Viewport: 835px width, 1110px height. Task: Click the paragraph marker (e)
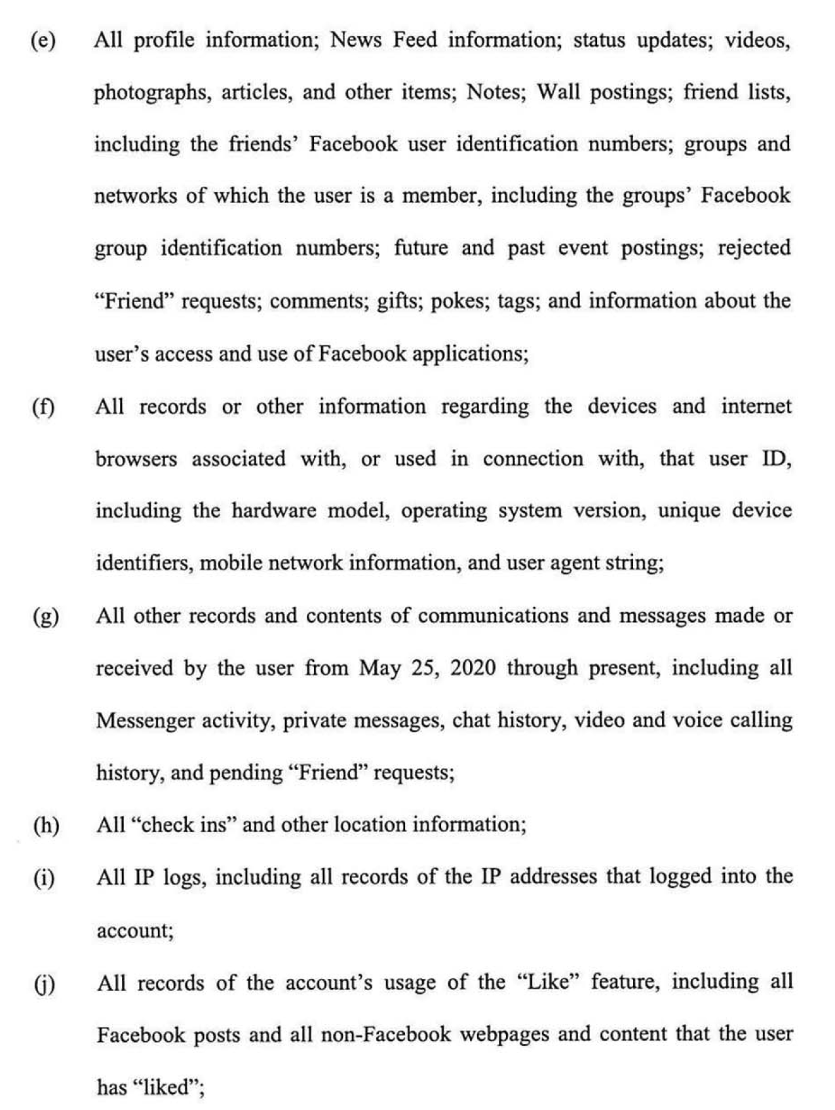pos(43,41)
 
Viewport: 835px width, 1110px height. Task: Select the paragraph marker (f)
pos(43,407)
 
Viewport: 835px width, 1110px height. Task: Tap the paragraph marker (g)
pos(45,617)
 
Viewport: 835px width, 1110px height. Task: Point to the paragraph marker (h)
pos(46,826)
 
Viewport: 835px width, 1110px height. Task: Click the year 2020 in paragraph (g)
pos(473,668)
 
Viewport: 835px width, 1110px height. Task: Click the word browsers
pos(136,459)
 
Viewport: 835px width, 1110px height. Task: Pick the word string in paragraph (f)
pos(633,564)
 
